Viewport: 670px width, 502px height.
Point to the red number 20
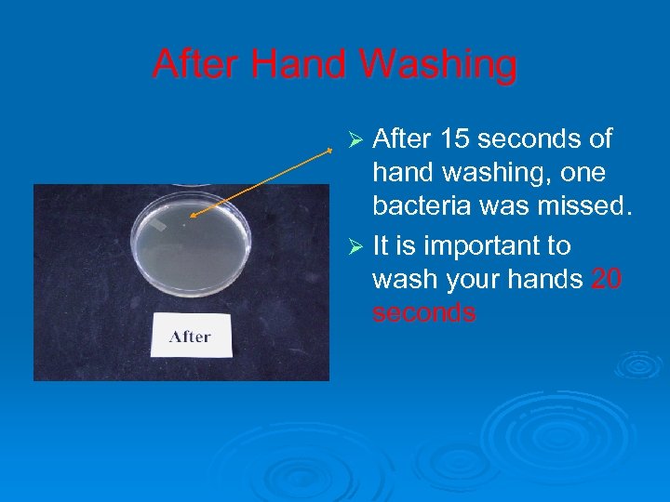click(x=607, y=279)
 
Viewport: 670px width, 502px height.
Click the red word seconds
click(x=424, y=312)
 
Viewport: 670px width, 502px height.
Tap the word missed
click(x=587, y=206)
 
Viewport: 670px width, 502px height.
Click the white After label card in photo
click(x=191, y=336)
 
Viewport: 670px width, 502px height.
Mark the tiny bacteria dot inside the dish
click(x=185, y=223)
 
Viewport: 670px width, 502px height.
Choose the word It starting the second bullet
click(x=382, y=246)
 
